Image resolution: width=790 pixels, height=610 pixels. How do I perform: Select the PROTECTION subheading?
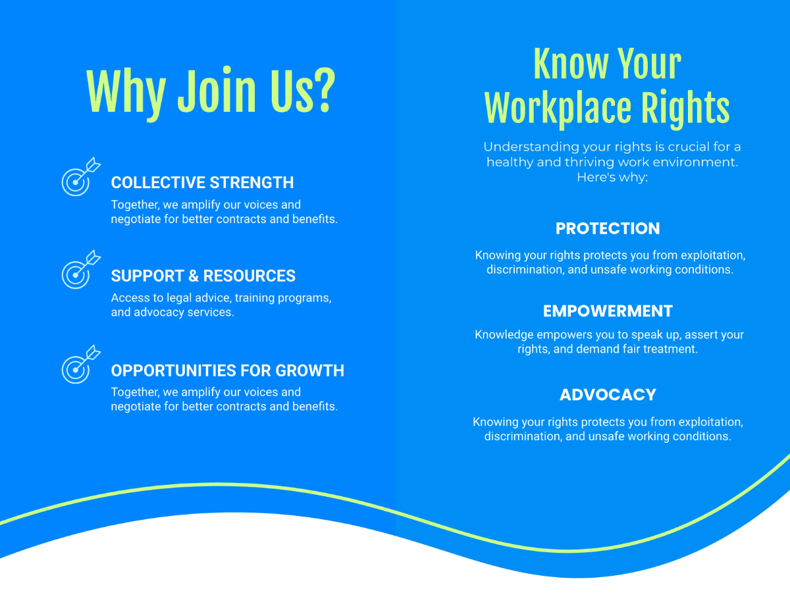[x=607, y=228]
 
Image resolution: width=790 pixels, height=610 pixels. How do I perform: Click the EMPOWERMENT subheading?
[x=607, y=311]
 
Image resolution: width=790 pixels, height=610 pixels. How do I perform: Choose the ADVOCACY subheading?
[x=607, y=395]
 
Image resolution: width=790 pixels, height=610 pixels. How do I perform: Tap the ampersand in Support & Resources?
[x=192, y=276]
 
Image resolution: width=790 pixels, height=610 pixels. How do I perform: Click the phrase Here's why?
[x=612, y=177]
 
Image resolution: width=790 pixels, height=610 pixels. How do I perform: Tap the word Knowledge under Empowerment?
[x=504, y=334]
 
